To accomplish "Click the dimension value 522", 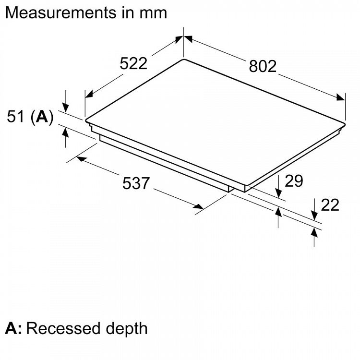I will (133, 63).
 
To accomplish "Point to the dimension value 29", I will (294, 181).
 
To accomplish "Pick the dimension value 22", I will (330, 205).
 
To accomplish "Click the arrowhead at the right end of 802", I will (341, 97).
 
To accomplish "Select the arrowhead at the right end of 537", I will (199, 207).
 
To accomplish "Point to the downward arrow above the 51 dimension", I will (65, 107).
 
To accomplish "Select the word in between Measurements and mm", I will (127, 12).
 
